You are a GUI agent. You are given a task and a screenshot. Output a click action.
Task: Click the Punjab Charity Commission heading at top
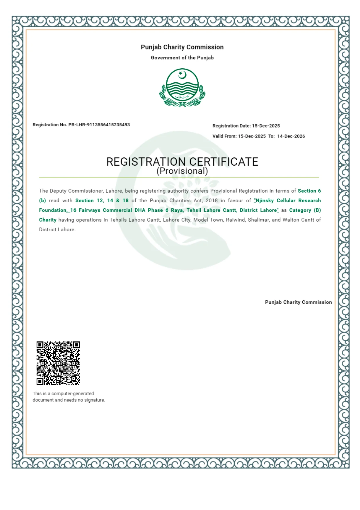[182, 47]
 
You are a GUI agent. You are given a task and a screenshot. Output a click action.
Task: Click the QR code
[58, 363]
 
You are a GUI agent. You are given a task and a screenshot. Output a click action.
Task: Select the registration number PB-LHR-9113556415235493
[99, 125]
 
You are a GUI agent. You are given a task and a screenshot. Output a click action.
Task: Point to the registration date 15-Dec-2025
[266, 126]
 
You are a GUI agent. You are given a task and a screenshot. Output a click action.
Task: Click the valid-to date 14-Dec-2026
[291, 136]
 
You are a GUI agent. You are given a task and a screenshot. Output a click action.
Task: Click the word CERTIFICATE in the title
[224, 162]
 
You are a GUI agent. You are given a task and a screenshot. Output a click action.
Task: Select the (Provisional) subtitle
[182, 171]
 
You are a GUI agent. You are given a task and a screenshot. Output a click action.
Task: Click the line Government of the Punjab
[182, 58]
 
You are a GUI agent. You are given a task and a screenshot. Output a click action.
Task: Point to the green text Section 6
[309, 191]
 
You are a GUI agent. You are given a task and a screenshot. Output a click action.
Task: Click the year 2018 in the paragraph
[212, 201]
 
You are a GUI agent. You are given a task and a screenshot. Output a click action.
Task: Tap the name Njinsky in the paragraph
[265, 201]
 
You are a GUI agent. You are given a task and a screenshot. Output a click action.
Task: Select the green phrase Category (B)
[305, 210]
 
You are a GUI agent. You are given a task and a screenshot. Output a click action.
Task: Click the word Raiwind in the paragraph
[235, 220]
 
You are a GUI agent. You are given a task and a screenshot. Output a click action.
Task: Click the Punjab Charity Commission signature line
[298, 302]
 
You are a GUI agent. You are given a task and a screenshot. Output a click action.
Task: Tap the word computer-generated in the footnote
[73, 393]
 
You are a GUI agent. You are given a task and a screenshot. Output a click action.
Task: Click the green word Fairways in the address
[89, 210]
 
